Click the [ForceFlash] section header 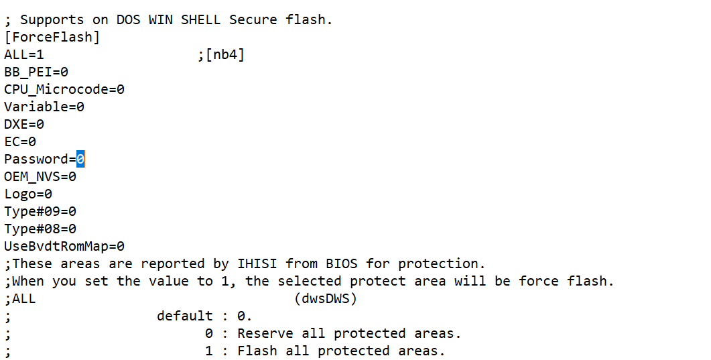[52, 37]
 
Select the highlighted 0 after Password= [80, 159]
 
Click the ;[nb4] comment [221, 54]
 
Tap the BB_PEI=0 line [36, 72]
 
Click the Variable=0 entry [44, 107]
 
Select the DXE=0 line [24, 124]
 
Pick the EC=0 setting [20, 141]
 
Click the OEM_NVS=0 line [40, 176]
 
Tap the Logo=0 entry [28, 194]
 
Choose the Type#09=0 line [40, 211]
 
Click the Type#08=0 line [40, 229]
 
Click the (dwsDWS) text [326, 298]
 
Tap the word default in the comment [185, 316]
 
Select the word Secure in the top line [253, 19]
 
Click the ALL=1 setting [24, 54]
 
